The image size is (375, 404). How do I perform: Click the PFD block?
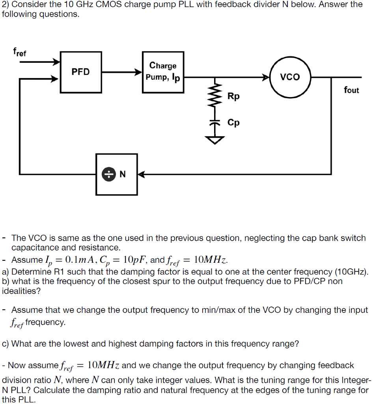(x=80, y=71)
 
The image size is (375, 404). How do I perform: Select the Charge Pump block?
(x=163, y=71)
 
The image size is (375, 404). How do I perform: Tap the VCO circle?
(x=290, y=77)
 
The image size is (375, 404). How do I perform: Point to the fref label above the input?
(x=20, y=52)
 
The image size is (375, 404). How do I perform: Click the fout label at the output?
(x=351, y=90)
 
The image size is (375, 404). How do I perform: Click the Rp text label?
(x=233, y=96)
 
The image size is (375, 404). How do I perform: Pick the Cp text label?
(x=233, y=123)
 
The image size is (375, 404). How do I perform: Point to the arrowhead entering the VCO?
(x=266, y=77)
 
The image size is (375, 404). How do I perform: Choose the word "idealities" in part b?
(x=21, y=291)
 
